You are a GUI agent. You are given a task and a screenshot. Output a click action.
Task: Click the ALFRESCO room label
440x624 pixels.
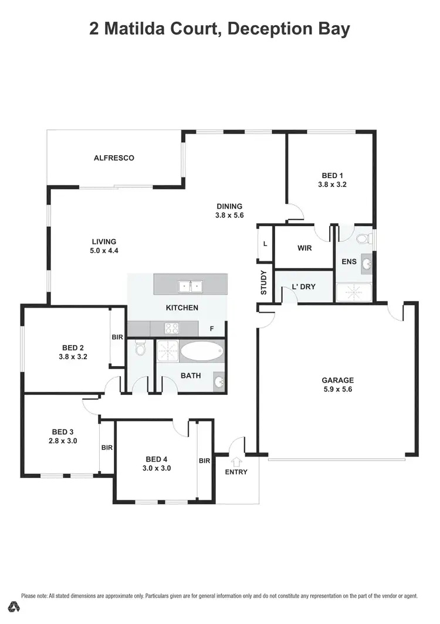[114, 158]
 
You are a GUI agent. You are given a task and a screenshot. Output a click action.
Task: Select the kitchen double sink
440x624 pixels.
[190, 287]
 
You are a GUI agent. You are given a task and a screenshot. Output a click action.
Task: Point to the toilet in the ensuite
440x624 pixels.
[364, 238]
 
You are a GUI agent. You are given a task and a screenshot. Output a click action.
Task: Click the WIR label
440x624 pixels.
[304, 248]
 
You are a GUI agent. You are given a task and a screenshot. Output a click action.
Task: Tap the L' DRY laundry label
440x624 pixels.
[304, 287]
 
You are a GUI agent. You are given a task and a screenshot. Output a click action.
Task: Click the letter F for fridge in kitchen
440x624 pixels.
[212, 329]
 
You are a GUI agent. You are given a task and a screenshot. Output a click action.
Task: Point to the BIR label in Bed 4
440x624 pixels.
[204, 461]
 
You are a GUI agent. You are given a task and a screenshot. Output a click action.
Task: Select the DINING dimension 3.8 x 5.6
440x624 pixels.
[229, 215]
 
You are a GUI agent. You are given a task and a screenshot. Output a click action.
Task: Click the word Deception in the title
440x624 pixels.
[261, 29]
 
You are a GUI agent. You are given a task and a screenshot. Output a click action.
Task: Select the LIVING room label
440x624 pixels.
[104, 241]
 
